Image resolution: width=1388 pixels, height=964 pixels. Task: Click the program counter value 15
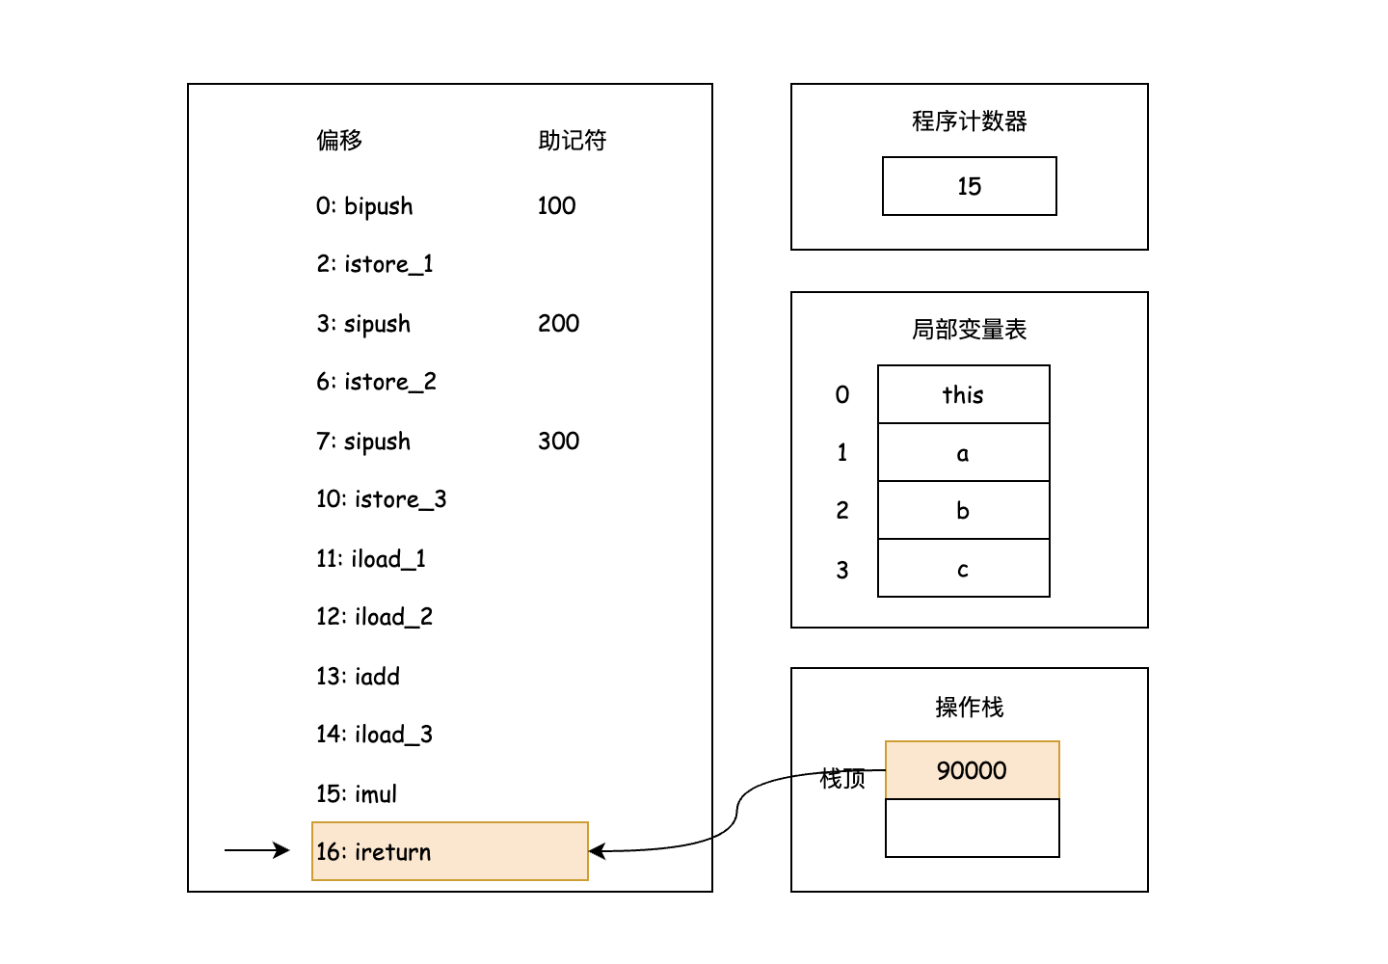click(x=969, y=186)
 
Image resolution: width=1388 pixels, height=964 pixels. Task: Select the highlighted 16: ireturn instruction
click(x=449, y=851)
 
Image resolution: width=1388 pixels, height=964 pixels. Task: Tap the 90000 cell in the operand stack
click(x=972, y=770)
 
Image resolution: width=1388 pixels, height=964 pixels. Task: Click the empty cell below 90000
click(x=972, y=828)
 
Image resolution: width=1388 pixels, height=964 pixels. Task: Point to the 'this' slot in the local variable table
click(x=963, y=394)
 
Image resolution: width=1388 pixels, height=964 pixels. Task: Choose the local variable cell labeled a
click(x=963, y=453)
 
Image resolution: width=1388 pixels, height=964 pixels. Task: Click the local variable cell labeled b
click(x=963, y=511)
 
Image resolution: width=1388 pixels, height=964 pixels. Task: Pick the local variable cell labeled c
click(x=963, y=569)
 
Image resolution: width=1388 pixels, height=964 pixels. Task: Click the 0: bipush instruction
click(x=364, y=206)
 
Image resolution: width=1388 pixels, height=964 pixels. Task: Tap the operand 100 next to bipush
click(x=556, y=205)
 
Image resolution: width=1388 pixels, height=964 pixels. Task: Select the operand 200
click(x=558, y=323)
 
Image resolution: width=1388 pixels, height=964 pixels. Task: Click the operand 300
click(x=558, y=441)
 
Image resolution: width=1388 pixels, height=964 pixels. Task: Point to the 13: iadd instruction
click(x=358, y=676)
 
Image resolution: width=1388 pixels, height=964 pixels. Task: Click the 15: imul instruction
click(x=357, y=793)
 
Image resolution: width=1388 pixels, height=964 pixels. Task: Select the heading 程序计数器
click(x=969, y=121)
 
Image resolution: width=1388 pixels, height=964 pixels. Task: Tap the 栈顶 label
click(x=841, y=779)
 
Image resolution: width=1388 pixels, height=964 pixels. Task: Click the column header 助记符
click(x=572, y=141)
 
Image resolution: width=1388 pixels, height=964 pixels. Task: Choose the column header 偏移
click(x=339, y=141)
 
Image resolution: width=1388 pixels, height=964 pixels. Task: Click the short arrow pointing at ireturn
click(x=256, y=850)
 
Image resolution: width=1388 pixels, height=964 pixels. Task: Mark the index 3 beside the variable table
click(x=841, y=570)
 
